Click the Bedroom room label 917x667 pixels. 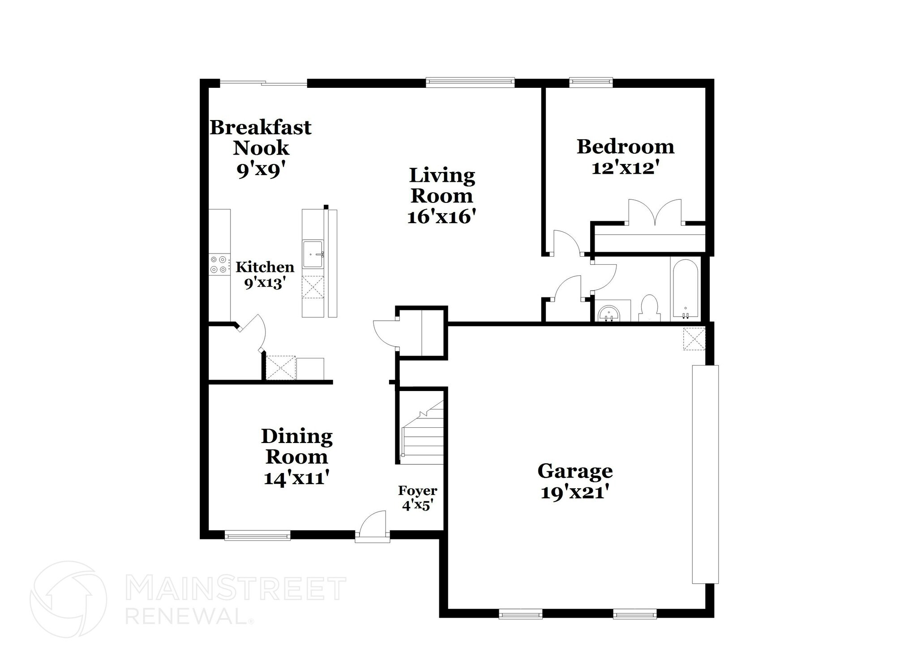(x=625, y=147)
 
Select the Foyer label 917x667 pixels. (x=417, y=491)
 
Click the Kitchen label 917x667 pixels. (x=265, y=267)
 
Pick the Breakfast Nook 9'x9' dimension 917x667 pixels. (x=261, y=170)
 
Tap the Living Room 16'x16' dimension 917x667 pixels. (x=441, y=217)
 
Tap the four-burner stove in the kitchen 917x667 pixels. (x=219, y=264)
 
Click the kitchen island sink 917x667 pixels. (x=313, y=254)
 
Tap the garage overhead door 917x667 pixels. (x=705, y=474)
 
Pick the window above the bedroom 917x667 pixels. (x=591, y=82)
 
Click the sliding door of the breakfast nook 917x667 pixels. (x=264, y=83)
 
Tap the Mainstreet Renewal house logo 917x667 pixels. (x=68, y=599)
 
